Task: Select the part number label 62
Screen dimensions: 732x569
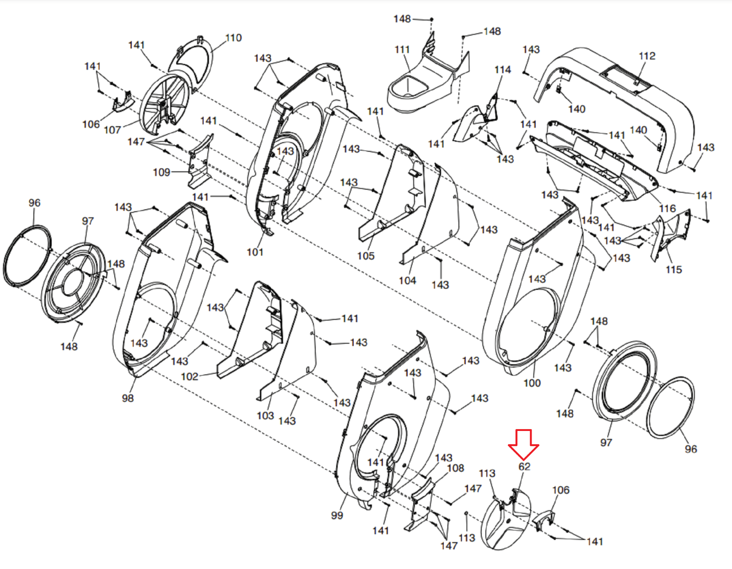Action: pyautogui.click(x=524, y=466)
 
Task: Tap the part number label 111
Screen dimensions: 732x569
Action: pyautogui.click(x=402, y=50)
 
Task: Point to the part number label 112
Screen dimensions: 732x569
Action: pyautogui.click(x=647, y=56)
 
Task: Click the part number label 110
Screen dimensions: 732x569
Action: pyautogui.click(x=233, y=37)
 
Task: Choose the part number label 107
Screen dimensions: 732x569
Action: pyautogui.click(x=112, y=130)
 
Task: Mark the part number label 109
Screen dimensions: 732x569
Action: pyautogui.click(x=161, y=172)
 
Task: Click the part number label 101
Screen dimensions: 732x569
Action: pyautogui.click(x=255, y=252)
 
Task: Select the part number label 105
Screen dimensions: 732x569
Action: pyautogui.click(x=366, y=256)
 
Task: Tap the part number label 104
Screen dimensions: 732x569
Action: pyautogui.click(x=407, y=280)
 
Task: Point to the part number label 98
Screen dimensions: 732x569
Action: pyautogui.click(x=128, y=398)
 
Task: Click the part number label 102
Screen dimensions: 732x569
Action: pyautogui.click(x=190, y=376)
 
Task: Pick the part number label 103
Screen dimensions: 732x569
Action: pyautogui.click(x=265, y=415)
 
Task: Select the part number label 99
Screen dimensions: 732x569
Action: pyautogui.click(x=337, y=515)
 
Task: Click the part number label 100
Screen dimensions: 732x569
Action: pyautogui.click(x=532, y=383)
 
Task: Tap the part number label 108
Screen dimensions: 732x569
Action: pyautogui.click(x=455, y=468)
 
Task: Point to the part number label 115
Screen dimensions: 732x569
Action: pyautogui.click(x=674, y=270)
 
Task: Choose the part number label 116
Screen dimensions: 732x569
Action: pyautogui.click(x=667, y=208)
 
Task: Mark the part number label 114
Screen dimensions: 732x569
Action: pyautogui.click(x=503, y=69)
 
